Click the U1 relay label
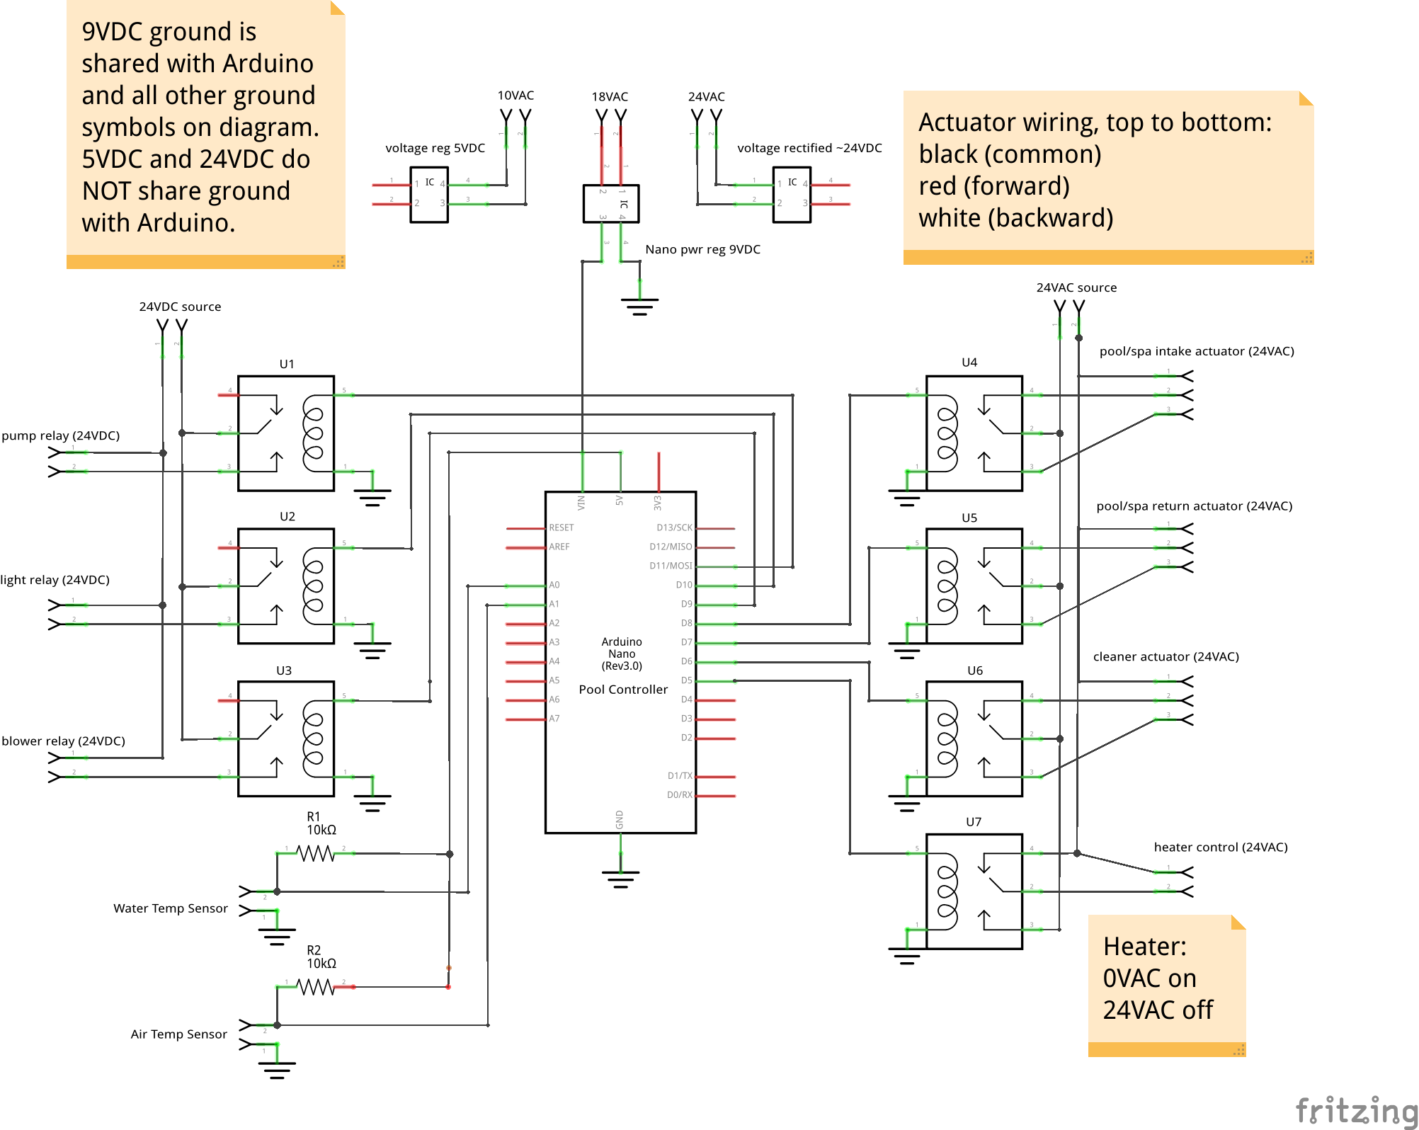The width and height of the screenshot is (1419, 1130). click(x=286, y=364)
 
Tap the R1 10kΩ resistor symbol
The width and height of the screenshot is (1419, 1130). click(x=315, y=854)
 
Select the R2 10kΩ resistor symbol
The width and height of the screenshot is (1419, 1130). click(x=315, y=987)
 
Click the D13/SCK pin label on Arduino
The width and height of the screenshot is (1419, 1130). click(x=673, y=527)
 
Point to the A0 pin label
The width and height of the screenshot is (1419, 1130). click(x=554, y=585)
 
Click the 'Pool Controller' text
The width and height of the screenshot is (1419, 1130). click(x=622, y=690)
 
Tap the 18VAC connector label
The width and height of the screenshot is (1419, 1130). click(x=609, y=96)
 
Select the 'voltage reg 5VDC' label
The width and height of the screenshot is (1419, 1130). click(x=434, y=148)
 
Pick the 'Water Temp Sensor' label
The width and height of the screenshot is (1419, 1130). click(x=170, y=908)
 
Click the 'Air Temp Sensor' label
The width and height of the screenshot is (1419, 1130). click(x=178, y=1034)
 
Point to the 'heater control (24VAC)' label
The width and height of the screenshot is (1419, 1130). click(x=1220, y=847)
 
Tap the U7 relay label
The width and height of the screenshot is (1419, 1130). click(x=974, y=822)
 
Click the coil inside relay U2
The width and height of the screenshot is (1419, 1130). click(x=313, y=586)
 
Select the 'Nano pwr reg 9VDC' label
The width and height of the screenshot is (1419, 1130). click(x=702, y=249)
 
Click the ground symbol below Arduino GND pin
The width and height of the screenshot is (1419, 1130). click(x=620, y=879)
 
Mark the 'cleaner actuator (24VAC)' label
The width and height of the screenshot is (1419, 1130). click(x=1166, y=656)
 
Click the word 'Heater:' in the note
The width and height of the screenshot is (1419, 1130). click(x=1144, y=947)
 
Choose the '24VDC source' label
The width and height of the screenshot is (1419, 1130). click(x=180, y=307)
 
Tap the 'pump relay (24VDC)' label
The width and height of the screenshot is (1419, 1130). click(x=60, y=435)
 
